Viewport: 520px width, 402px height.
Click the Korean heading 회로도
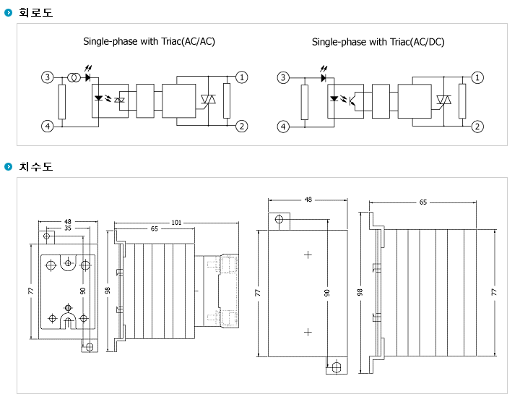[35, 12]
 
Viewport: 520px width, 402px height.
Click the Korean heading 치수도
[35, 166]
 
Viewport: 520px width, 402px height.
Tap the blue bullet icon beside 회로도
[8, 12]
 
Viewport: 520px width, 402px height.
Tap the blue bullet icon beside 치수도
[8, 166]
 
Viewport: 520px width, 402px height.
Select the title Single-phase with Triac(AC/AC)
[149, 41]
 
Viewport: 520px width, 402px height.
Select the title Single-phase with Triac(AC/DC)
[378, 42]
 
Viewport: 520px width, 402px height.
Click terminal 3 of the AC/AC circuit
[48, 77]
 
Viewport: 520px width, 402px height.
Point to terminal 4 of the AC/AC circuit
[48, 126]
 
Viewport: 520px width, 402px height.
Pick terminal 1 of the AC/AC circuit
[242, 77]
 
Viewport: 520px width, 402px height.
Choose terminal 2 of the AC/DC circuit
[477, 127]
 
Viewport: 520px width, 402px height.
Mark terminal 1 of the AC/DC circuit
[477, 77]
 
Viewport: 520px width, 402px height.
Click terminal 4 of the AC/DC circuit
[283, 127]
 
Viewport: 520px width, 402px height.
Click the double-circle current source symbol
[74, 77]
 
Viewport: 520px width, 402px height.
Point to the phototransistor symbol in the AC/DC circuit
[353, 100]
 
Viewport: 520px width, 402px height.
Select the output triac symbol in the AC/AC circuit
[208, 100]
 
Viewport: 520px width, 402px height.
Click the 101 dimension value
[176, 223]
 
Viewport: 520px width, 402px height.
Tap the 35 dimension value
[68, 228]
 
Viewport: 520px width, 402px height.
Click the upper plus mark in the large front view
[308, 255]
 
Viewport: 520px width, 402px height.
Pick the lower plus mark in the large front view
[308, 332]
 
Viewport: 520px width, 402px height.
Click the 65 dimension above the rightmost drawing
[423, 202]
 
